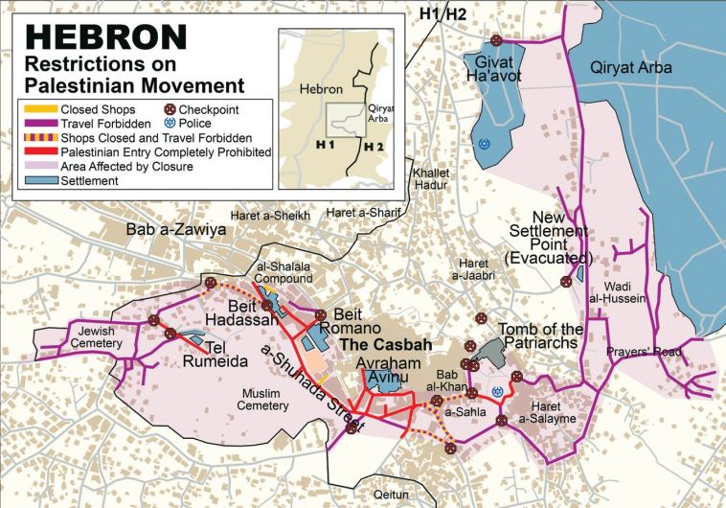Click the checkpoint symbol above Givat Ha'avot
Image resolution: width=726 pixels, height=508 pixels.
click(496, 40)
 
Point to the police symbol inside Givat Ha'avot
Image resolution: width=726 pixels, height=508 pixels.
click(486, 144)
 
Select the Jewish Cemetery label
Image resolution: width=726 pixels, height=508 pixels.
click(97, 336)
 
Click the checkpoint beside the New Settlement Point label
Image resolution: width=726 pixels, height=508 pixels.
click(566, 281)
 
